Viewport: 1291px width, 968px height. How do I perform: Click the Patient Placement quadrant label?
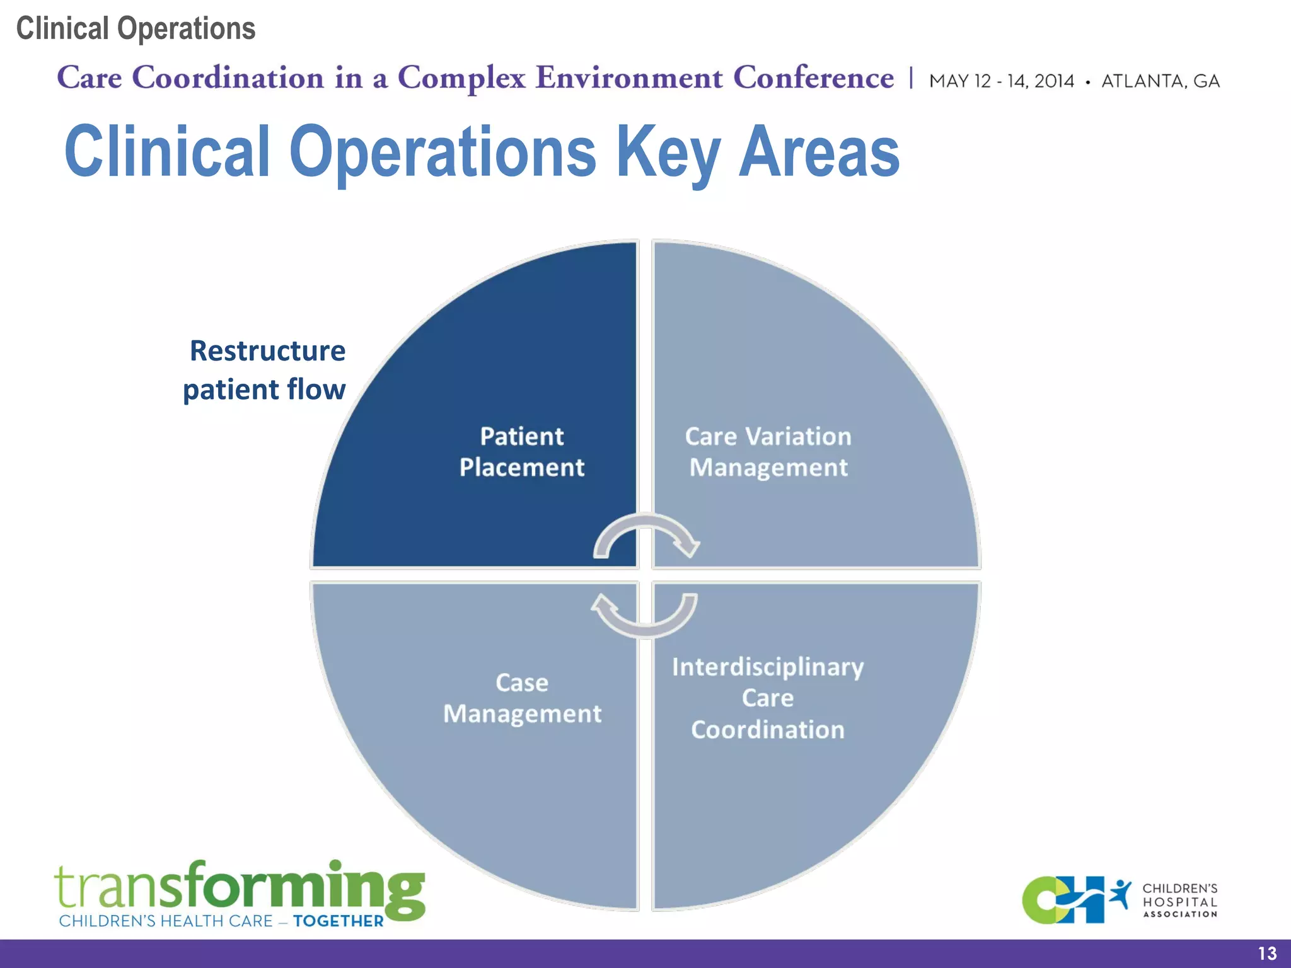pos(522,452)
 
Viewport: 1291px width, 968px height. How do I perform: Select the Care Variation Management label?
pos(768,452)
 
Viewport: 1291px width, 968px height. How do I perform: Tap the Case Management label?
pos(522,698)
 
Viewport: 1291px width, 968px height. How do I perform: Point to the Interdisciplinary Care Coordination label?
pos(768,698)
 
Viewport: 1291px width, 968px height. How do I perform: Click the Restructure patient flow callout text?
pos(265,370)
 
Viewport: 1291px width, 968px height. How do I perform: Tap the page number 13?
pos(1267,954)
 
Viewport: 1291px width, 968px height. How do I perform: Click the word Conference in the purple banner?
pos(813,78)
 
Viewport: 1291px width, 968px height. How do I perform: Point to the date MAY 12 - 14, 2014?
pos(1001,81)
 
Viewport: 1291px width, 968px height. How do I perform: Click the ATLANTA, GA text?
pos(1160,81)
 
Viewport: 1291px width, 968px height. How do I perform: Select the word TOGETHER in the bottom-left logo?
pos(339,921)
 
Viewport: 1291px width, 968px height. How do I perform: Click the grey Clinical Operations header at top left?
pos(136,29)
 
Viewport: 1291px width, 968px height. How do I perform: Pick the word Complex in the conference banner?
pos(461,78)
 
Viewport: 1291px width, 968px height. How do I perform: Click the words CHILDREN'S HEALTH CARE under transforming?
pos(166,921)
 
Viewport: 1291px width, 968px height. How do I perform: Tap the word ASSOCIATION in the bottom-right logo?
pos(1180,914)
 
